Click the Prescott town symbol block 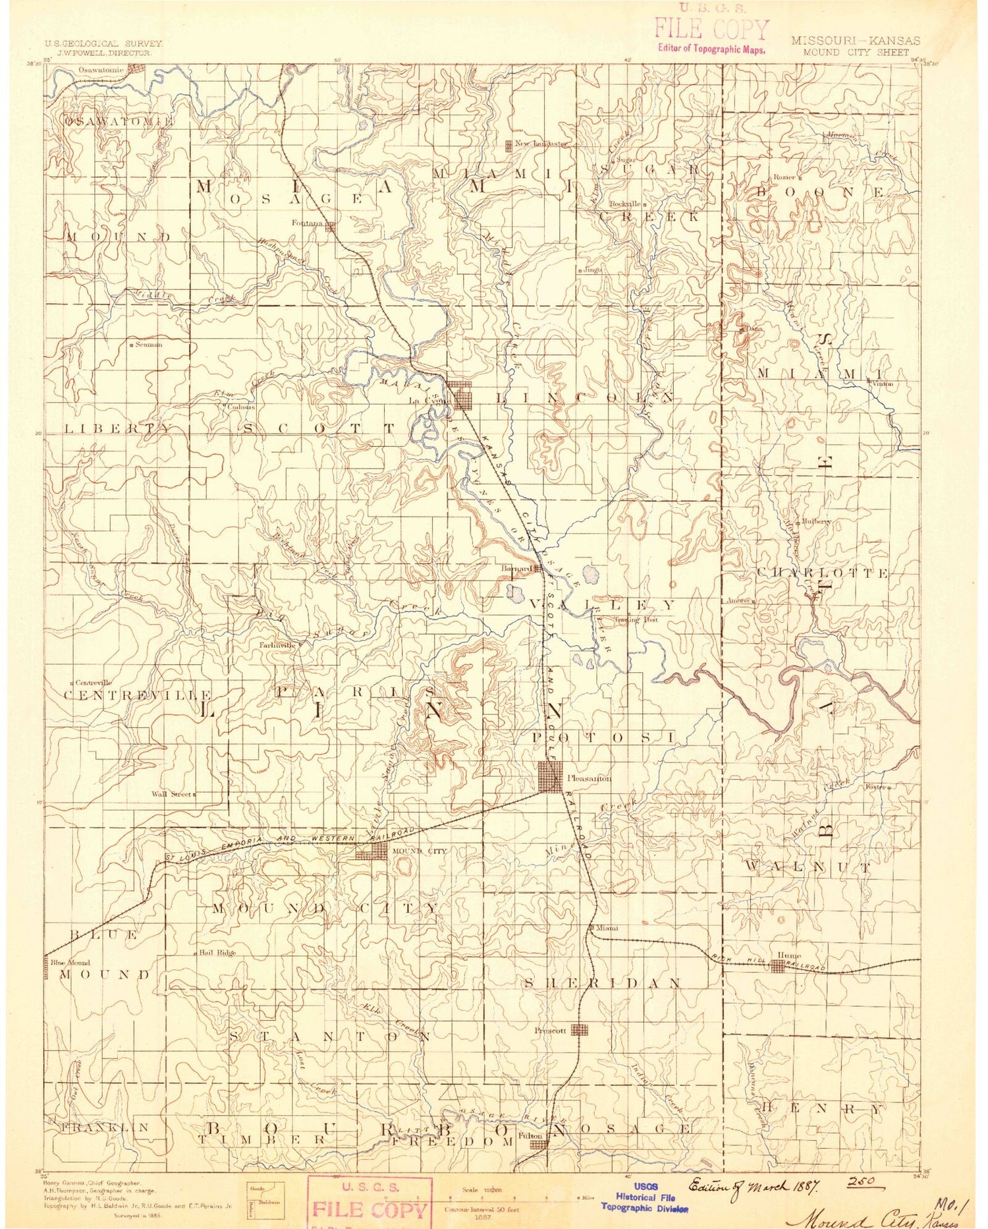point(579,1029)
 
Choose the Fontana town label point(308,223)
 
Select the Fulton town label point(530,1136)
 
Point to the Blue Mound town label point(70,963)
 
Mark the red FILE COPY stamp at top point(711,30)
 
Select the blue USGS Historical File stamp point(644,1196)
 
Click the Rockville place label point(624,204)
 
